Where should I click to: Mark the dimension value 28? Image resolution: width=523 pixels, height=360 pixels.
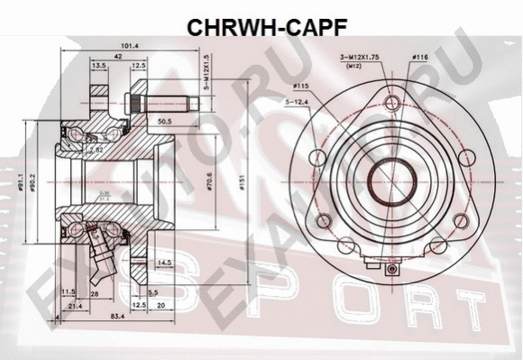click(94, 294)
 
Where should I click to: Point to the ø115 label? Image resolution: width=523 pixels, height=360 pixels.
click(300, 87)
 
